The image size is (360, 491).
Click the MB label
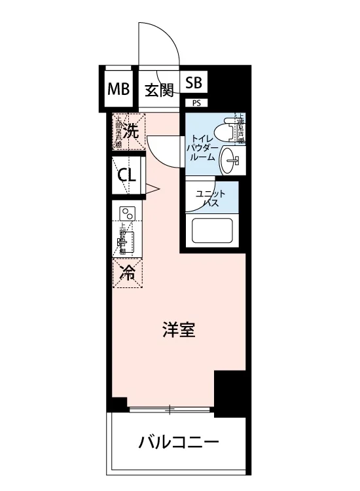119,88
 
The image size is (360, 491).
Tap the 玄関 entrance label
158,89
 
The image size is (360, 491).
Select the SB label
194,83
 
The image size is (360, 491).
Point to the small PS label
196,102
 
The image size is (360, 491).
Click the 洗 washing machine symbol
132,130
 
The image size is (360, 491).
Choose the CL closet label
127,175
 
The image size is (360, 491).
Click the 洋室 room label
179,330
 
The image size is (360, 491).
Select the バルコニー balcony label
178,443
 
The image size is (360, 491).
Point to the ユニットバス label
210,198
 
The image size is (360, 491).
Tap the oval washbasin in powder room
230,159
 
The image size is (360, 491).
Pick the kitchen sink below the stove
129,244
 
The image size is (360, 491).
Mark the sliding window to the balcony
170,410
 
